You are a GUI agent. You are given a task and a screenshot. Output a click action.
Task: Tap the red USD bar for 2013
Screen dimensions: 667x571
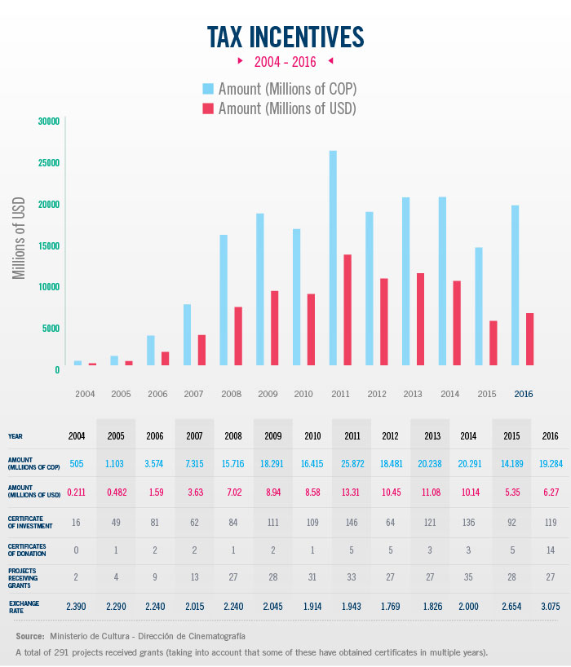421,319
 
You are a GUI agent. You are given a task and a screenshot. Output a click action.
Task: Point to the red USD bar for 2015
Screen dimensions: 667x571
493,342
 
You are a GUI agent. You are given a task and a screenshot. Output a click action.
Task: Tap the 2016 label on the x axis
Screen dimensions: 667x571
523,395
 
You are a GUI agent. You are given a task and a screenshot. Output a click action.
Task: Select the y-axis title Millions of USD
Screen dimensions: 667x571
20,238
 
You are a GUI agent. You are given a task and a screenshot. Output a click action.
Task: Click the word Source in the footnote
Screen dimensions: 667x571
29,635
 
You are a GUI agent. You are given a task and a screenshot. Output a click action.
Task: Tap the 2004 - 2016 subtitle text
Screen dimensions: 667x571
285,61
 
